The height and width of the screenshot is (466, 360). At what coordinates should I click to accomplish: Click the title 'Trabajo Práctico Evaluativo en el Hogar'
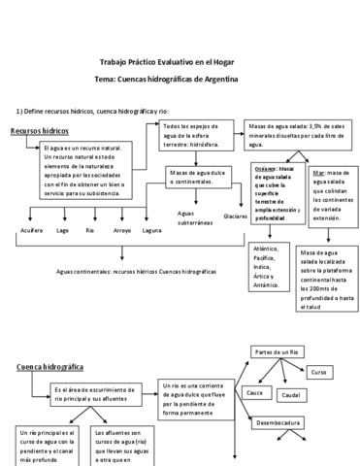click(x=180, y=59)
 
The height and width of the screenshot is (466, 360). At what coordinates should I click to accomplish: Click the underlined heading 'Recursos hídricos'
click(x=40, y=130)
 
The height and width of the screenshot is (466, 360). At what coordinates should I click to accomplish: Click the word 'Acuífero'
click(x=31, y=230)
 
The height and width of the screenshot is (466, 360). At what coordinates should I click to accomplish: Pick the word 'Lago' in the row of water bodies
click(x=62, y=230)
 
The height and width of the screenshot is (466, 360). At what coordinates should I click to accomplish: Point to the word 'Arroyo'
click(x=121, y=230)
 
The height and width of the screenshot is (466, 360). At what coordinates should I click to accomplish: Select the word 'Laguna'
click(x=151, y=230)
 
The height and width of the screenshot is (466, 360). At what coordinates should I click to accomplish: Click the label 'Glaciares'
click(x=235, y=216)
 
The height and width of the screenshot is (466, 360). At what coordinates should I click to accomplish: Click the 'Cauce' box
click(x=257, y=392)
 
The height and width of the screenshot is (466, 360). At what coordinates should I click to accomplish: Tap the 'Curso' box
click(x=320, y=372)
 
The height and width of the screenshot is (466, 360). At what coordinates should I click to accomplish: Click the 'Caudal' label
click(x=291, y=395)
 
